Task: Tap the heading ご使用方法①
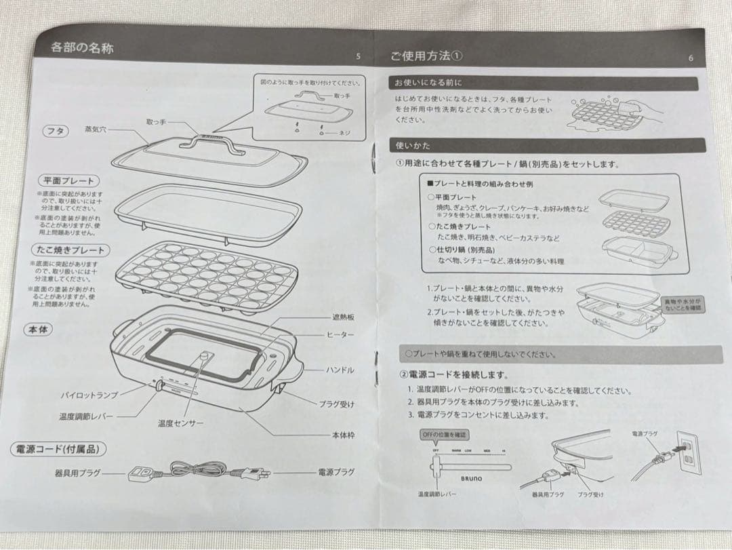tap(426, 56)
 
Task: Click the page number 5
tap(359, 56)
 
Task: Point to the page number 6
tap(690, 58)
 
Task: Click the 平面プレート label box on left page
tap(68, 181)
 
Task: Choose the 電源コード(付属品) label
tap(60, 448)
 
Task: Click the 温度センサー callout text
tap(180, 423)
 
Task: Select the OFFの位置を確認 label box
tap(445, 434)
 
